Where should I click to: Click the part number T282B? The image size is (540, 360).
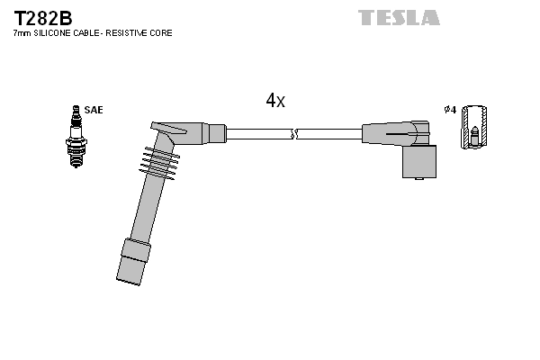42,18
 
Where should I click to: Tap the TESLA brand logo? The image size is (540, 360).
399,18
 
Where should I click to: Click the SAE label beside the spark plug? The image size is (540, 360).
95,110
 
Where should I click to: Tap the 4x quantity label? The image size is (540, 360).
275,101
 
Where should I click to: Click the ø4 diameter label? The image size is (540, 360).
450,110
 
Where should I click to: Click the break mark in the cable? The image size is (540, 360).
293,134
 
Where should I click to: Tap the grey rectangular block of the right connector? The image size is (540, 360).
420,159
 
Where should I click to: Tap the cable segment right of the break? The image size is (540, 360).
329,134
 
